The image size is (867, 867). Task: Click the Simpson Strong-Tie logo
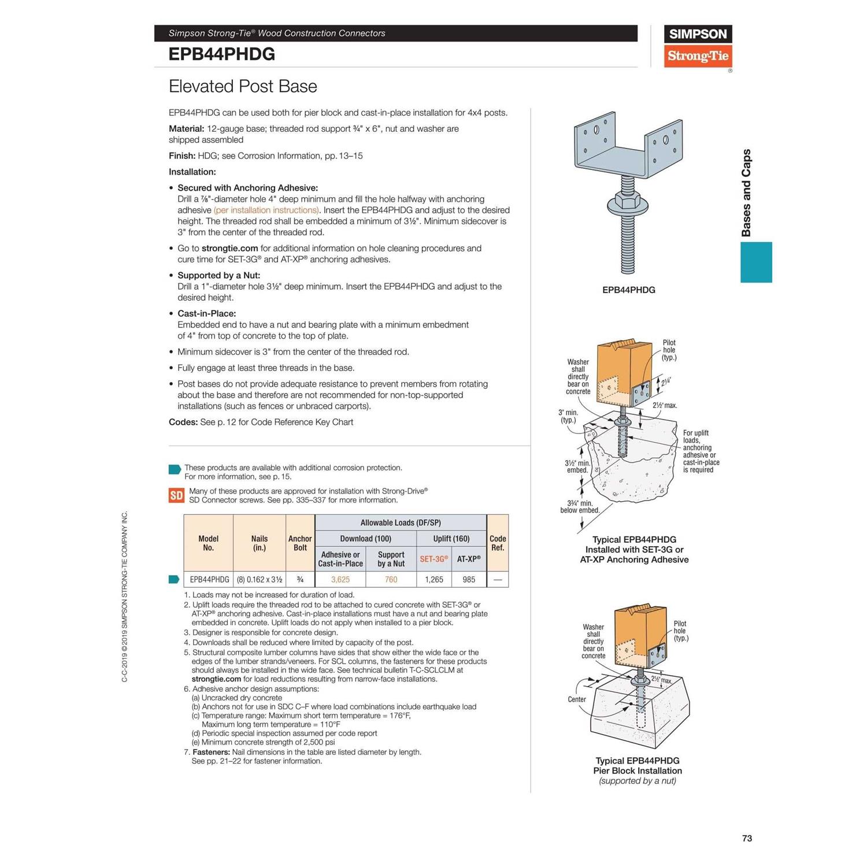click(698, 46)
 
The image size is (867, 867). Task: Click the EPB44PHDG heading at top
click(222, 54)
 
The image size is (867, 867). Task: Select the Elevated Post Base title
click(243, 87)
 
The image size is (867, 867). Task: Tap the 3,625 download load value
click(340, 579)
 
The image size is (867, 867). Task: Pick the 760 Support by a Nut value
click(391, 579)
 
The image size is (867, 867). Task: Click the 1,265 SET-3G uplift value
click(433, 579)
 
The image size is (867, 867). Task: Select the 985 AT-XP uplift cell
click(469, 579)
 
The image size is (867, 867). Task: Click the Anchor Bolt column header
click(300, 543)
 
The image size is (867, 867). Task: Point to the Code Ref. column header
click(498, 543)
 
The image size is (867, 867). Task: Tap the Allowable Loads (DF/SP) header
click(401, 523)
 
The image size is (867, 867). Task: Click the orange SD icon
click(176, 495)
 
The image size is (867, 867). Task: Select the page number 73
click(747, 838)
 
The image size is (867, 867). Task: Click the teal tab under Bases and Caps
click(756, 262)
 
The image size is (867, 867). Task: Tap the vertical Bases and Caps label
click(746, 192)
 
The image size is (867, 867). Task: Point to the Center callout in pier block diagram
click(577, 699)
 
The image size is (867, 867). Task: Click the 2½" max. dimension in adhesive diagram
click(665, 405)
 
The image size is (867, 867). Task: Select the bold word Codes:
click(183, 423)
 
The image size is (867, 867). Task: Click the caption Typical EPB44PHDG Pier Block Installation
click(638, 766)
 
